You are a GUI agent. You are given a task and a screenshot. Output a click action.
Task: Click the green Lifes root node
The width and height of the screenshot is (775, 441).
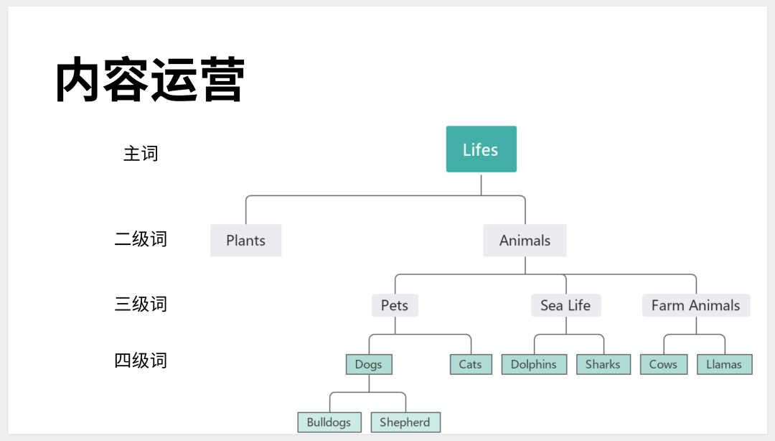click(481, 149)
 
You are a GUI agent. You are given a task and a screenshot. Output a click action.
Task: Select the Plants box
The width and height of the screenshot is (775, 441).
click(245, 241)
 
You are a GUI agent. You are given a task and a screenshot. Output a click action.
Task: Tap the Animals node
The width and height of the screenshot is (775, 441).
click(525, 241)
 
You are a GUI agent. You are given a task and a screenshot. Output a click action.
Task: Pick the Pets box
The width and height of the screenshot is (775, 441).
click(395, 305)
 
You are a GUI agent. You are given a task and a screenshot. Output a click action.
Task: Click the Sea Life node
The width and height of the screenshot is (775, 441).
click(565, 305)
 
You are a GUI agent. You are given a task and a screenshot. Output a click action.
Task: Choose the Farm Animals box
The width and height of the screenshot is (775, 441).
click(695, 305)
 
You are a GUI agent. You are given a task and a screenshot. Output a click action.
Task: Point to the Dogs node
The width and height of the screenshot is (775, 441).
click(369, 364)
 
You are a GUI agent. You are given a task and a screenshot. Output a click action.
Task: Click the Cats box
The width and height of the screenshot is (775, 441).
click(471, 364)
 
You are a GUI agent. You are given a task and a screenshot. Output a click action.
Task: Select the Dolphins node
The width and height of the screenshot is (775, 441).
click(534, 364)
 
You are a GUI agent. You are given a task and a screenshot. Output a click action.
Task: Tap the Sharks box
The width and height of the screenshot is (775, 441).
click(603, 364)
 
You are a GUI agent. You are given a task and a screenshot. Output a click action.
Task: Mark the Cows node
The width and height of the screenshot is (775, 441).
click(663, 364)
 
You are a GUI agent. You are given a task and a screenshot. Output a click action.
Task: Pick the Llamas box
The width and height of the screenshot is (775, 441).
click(724, 364)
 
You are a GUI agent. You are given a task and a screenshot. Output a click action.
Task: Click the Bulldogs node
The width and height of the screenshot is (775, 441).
click(329, 422)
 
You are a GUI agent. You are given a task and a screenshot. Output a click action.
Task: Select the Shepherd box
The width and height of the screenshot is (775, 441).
click(405, 422)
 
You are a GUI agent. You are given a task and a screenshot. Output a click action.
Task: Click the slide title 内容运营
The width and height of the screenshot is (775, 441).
click(151, 80)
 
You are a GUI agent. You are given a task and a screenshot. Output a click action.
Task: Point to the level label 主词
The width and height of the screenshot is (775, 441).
click(141, 154)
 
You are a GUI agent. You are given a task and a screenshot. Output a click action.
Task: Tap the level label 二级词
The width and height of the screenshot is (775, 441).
click(141, 239)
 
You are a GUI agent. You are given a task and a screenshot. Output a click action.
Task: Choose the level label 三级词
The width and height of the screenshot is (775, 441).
click(141, 304)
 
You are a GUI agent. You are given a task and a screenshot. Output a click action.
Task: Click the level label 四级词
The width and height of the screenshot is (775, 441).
click(141, 360)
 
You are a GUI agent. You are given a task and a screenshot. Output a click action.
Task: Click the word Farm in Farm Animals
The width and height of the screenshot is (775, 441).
click(667, 305)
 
